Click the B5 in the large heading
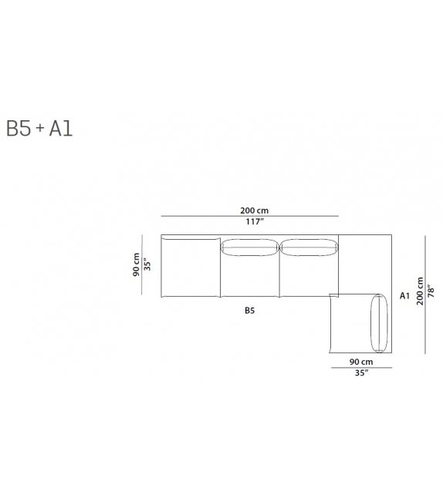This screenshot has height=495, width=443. tap(19, 129)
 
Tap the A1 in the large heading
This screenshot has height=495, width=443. tap(61, 129)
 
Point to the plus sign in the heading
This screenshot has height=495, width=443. tap(40, 128)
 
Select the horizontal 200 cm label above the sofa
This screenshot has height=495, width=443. tap(255, 210)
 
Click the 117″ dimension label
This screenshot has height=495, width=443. tap(255, 221)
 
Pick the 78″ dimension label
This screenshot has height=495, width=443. tap(431, 291)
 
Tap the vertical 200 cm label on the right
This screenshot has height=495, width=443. tap(420, 291)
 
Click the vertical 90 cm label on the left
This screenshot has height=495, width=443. tap(136, 264)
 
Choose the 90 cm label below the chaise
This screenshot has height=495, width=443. tap(361, 362)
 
